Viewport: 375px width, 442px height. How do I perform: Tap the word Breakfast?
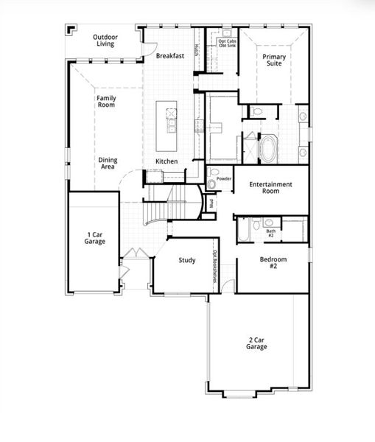coord(169,55)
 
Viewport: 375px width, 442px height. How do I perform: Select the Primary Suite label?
coord(275,60)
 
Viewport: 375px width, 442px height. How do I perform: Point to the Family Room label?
coord(106,102)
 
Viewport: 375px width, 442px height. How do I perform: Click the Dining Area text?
coord(108,164)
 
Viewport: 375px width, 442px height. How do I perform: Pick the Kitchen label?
coord(166,161)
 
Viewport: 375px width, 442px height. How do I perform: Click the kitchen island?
coord(171,119)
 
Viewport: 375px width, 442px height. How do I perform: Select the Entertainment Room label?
coord(270,187)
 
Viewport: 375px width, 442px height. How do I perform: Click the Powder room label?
coord(224,179)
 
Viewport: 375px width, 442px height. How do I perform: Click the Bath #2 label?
coord(270,233)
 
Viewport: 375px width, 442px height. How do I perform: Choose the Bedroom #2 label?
coord(273,263)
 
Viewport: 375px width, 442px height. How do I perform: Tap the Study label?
coord(187,260)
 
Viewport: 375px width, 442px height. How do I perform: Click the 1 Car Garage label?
coord(94,238)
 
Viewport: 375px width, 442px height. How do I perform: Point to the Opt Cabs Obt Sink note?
coord(227,43)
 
